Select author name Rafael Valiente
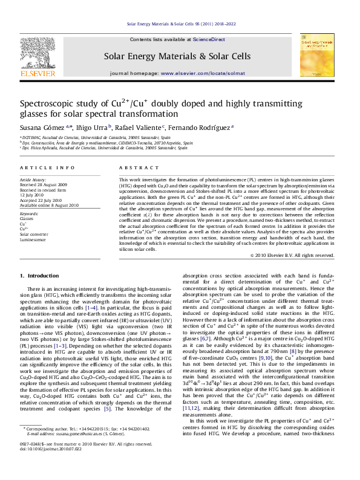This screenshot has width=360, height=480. (x=139, y=128)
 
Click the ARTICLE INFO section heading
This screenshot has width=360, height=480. (x=48, y=167)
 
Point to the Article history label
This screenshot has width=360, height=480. (x=33, y=180)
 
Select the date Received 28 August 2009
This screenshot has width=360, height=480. (x=45, y=184)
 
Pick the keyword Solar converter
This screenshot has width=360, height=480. (x=34, y=234)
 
